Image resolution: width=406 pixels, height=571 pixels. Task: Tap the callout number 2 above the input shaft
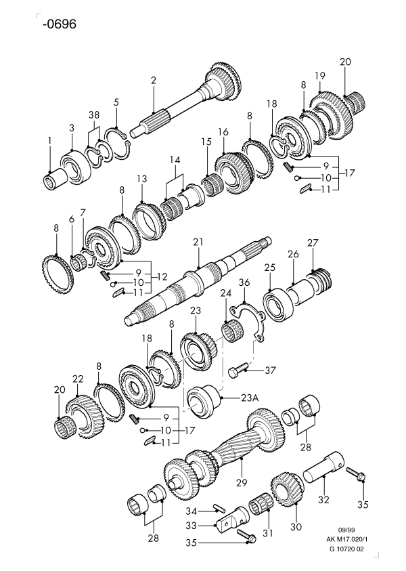[x=154, y=81]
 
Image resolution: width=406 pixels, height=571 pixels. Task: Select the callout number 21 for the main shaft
[x=198, y=242]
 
